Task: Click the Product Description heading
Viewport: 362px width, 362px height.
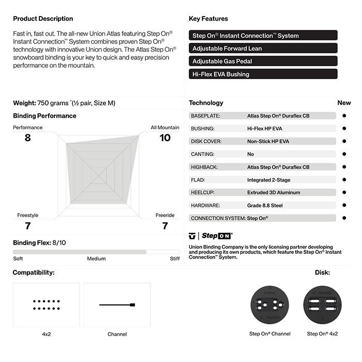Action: point(43,19)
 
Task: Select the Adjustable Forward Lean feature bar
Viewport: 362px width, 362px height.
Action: point(263,49)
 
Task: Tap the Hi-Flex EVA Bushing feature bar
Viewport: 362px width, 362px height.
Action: point(263,74)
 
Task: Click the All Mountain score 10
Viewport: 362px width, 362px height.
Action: point(164,138)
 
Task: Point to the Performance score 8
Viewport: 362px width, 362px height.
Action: point(27,138)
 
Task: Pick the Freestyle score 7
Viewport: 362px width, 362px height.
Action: point(27,225)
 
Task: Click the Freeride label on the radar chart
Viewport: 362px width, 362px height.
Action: point(165,215)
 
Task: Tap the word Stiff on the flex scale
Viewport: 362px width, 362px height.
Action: point(175,259)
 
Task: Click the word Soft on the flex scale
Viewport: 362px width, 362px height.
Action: point(18,259)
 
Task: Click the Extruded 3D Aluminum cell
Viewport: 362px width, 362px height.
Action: point(274,192)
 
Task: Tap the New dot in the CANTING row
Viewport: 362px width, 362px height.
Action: point(344,154)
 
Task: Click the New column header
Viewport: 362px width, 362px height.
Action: point(344,103)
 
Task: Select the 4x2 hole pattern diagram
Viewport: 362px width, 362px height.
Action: point(47,305)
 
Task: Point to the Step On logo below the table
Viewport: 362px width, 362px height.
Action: point(211,235)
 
